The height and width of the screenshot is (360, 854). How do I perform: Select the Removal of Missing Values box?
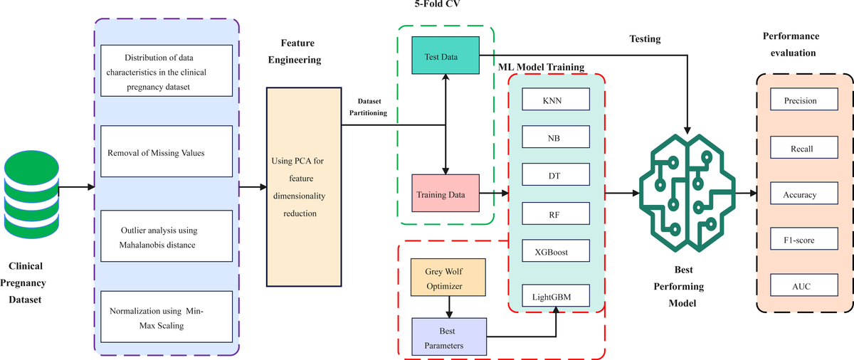[x=167, y=152]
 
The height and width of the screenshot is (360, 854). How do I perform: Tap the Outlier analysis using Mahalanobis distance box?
[x=167, y=238]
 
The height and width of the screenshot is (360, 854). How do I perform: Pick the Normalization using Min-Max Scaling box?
[x=167, y=317]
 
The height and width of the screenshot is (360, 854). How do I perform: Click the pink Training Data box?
[x=446, y=193]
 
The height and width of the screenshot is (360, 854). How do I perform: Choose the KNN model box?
[x=556, y=101]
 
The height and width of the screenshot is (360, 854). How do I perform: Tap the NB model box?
[x=556, y=138]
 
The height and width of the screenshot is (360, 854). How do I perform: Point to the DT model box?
[x=556, y=175]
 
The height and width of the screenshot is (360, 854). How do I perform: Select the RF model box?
[x=556, y=213]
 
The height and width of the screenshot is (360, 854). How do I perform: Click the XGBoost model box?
[x=556, y=252]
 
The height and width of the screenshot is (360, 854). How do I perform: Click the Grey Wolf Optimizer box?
[x=448, y=277]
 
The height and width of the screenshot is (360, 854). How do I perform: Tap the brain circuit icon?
[x=687, y=191]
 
